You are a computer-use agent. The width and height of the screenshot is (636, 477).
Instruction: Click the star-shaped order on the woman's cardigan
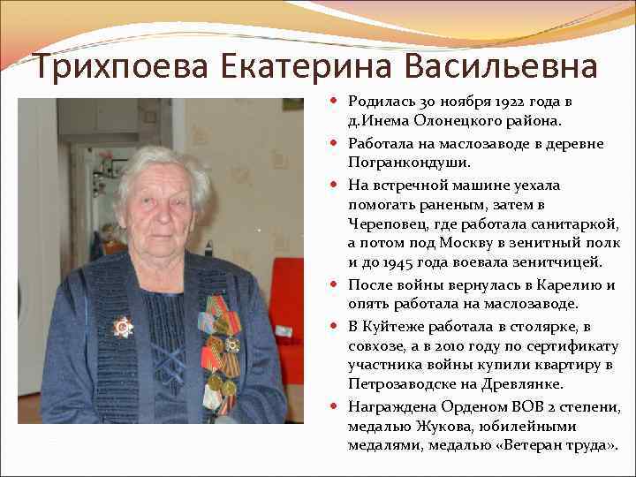pyautogui.click(x=122, y=328)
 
